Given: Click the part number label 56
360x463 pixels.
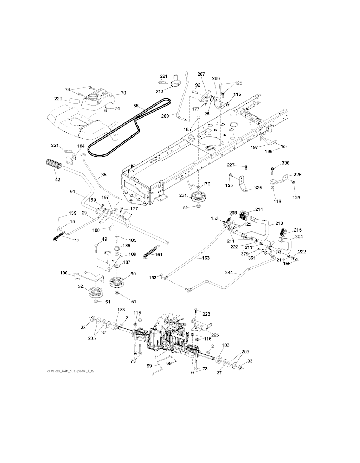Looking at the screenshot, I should [x=136, y=106].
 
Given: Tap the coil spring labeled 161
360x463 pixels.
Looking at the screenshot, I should [x=148, y=254].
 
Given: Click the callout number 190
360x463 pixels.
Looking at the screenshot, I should [x=64, y=273].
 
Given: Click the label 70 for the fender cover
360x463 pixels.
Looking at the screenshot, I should [x=123, y=93].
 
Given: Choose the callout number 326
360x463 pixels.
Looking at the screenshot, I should [x=297, y=175].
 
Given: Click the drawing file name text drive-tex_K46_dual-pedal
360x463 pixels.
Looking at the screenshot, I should [x=70, y=372].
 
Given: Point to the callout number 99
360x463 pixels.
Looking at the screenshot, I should [x=149, y=366].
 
